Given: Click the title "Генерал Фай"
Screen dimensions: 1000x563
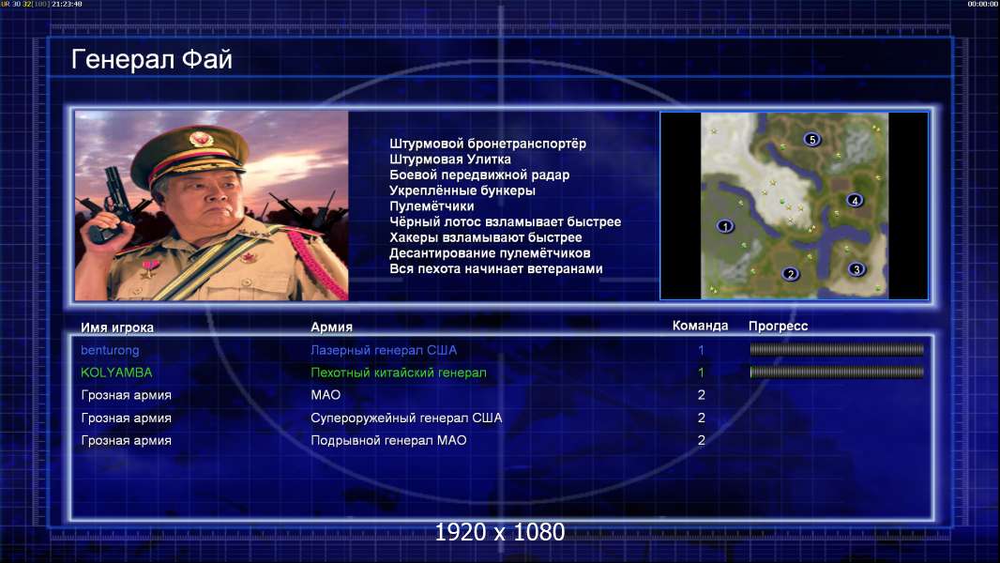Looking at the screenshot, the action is [x=151, y=59].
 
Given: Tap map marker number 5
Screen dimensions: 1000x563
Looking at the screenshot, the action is [x=811, y=139].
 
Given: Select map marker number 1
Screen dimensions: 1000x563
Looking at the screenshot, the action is [x=724, y=226].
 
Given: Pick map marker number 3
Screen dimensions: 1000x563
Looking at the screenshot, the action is [x=856, y=269].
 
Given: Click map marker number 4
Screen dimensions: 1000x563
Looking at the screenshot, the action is [x=855, y=200].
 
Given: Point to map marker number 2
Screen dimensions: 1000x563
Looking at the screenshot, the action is [x=790, y=274].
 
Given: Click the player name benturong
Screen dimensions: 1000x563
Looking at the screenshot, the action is [x=110, y=350].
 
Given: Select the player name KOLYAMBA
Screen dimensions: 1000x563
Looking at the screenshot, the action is [x=116, y=373].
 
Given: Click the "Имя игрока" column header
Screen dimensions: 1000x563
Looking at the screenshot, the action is [x=116, y=327].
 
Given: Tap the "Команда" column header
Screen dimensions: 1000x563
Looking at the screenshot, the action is [x=700, y=326].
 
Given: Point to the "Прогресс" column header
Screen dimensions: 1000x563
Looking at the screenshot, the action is [x=778, y=326].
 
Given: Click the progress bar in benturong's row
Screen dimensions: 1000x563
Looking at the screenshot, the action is [x=836, y=349].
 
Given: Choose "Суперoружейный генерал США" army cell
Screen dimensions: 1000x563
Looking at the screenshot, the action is [x=406, y=418].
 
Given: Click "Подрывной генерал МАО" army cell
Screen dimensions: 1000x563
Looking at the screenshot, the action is [x=388, y=440].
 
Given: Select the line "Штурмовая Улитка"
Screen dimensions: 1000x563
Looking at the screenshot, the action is [x=449, y=159].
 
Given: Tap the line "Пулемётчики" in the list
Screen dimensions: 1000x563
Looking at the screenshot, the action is [x=432, y=205].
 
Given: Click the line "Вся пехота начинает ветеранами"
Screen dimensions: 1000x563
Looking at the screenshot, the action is [x=495, y=268].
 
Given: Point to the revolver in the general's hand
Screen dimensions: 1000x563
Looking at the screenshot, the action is [x=110, y=204].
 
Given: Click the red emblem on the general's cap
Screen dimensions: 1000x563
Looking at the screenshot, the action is [x=200, y=138].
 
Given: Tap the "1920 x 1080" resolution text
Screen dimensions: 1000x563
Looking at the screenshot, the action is [x=499, y=532].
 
